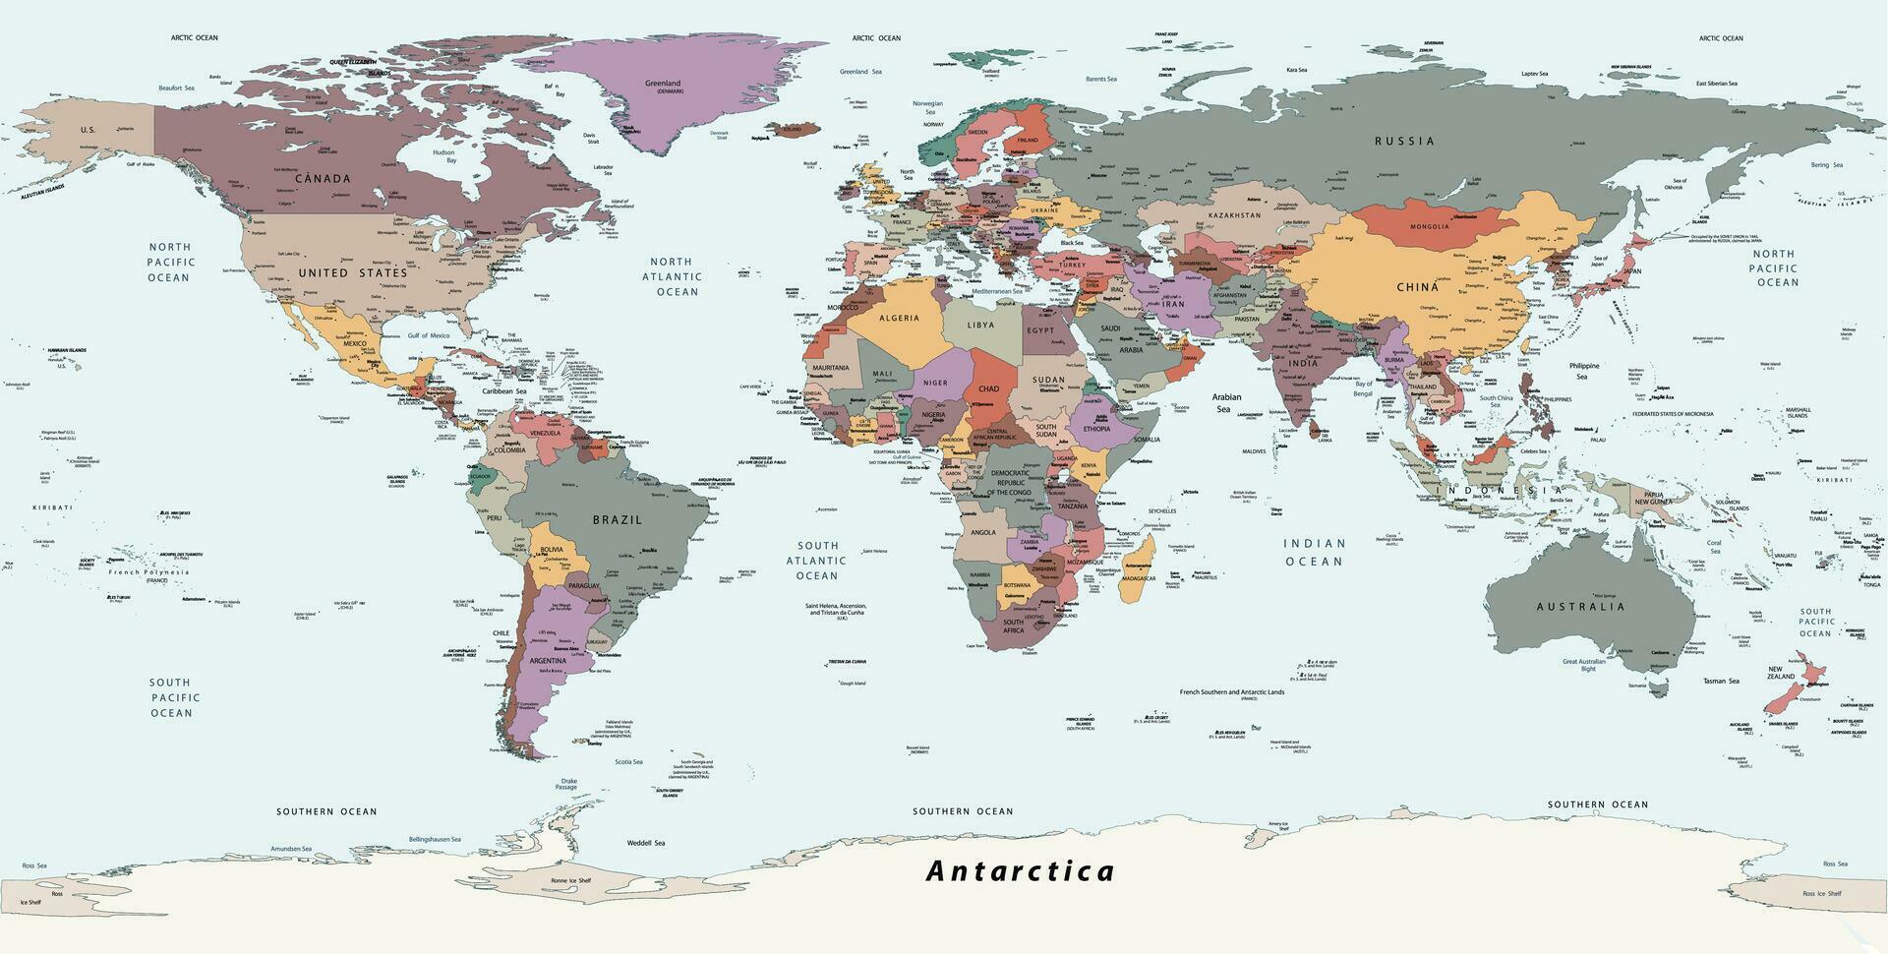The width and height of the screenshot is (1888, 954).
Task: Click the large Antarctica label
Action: [1021, 871]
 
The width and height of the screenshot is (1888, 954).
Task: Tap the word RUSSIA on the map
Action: [1404, 141]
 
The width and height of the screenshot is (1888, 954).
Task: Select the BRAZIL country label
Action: [617, 519]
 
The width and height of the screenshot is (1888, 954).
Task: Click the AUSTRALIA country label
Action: [1580, 607]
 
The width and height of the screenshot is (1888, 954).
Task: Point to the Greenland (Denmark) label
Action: [663, 87]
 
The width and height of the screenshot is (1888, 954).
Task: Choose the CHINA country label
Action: [1417, 287]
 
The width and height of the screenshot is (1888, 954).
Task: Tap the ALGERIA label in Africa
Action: [899, 318]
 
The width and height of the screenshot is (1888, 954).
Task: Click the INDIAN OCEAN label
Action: [1314, 552]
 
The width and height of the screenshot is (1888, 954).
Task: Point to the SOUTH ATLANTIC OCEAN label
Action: [817, 560]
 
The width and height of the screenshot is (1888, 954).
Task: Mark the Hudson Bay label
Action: [443, 156]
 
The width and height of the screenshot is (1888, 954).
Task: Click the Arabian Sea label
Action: [1226, 402]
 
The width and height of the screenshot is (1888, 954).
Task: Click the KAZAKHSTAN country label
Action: [1234, 214]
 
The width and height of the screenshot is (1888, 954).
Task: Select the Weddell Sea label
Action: [646, 843]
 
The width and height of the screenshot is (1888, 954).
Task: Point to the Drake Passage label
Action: [566, 784]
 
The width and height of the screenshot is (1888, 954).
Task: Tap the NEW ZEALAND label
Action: [1781, 673]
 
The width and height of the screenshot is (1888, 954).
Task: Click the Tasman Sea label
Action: [1721, 681]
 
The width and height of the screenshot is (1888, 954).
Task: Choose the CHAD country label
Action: [988, 388]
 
